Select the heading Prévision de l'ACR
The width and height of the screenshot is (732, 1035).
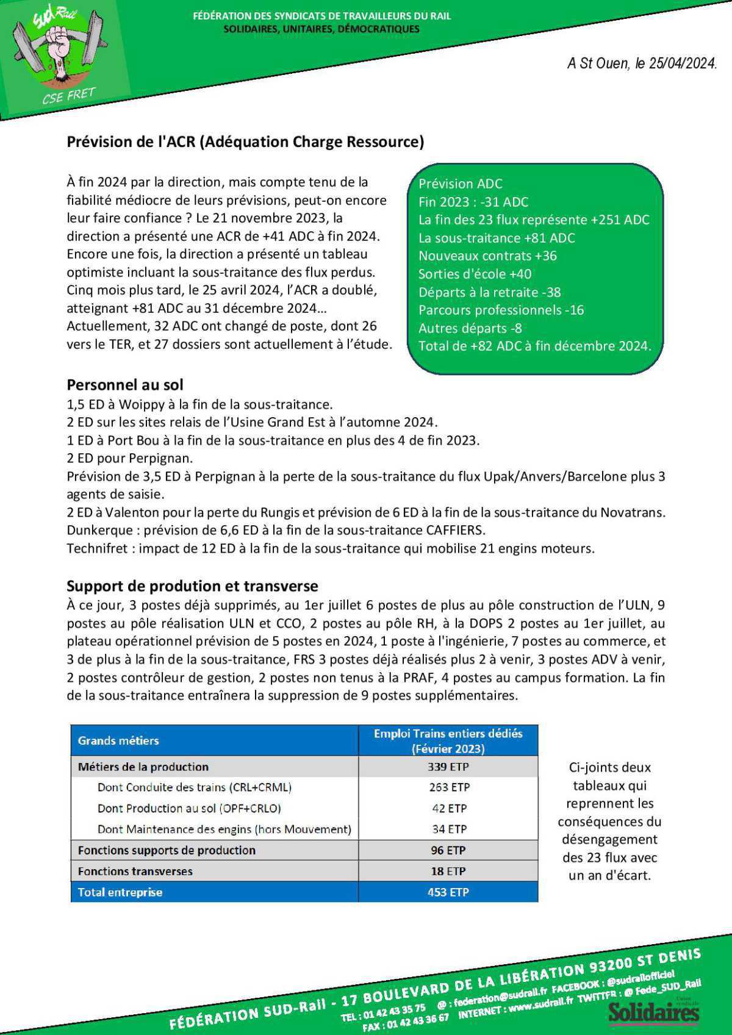click(x=245, y=141)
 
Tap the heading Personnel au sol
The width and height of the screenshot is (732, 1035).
click(x=124, y=385)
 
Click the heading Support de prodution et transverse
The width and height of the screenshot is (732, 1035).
click(x=192, y=586)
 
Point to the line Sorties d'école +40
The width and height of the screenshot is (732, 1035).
click(x=475, y=274)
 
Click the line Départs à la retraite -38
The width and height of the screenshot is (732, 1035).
click(x=489, y=292)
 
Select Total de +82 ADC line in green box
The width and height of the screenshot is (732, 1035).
click(x=534, y=346)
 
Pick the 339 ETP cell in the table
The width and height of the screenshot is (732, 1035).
click(x=448, y=767)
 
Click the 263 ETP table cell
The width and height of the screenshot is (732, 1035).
click(x=448, y=787)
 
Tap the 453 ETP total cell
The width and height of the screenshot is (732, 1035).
click(x=448, y=892)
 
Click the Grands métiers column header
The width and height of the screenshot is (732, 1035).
click(x=118, y=740)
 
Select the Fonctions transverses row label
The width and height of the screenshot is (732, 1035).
click(x=135, y=871)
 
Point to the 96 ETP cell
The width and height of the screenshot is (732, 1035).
click(x=448, y=850)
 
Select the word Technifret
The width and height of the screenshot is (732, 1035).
click(x=96, y=548)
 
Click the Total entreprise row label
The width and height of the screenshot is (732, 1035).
click(x=120, y=892)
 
